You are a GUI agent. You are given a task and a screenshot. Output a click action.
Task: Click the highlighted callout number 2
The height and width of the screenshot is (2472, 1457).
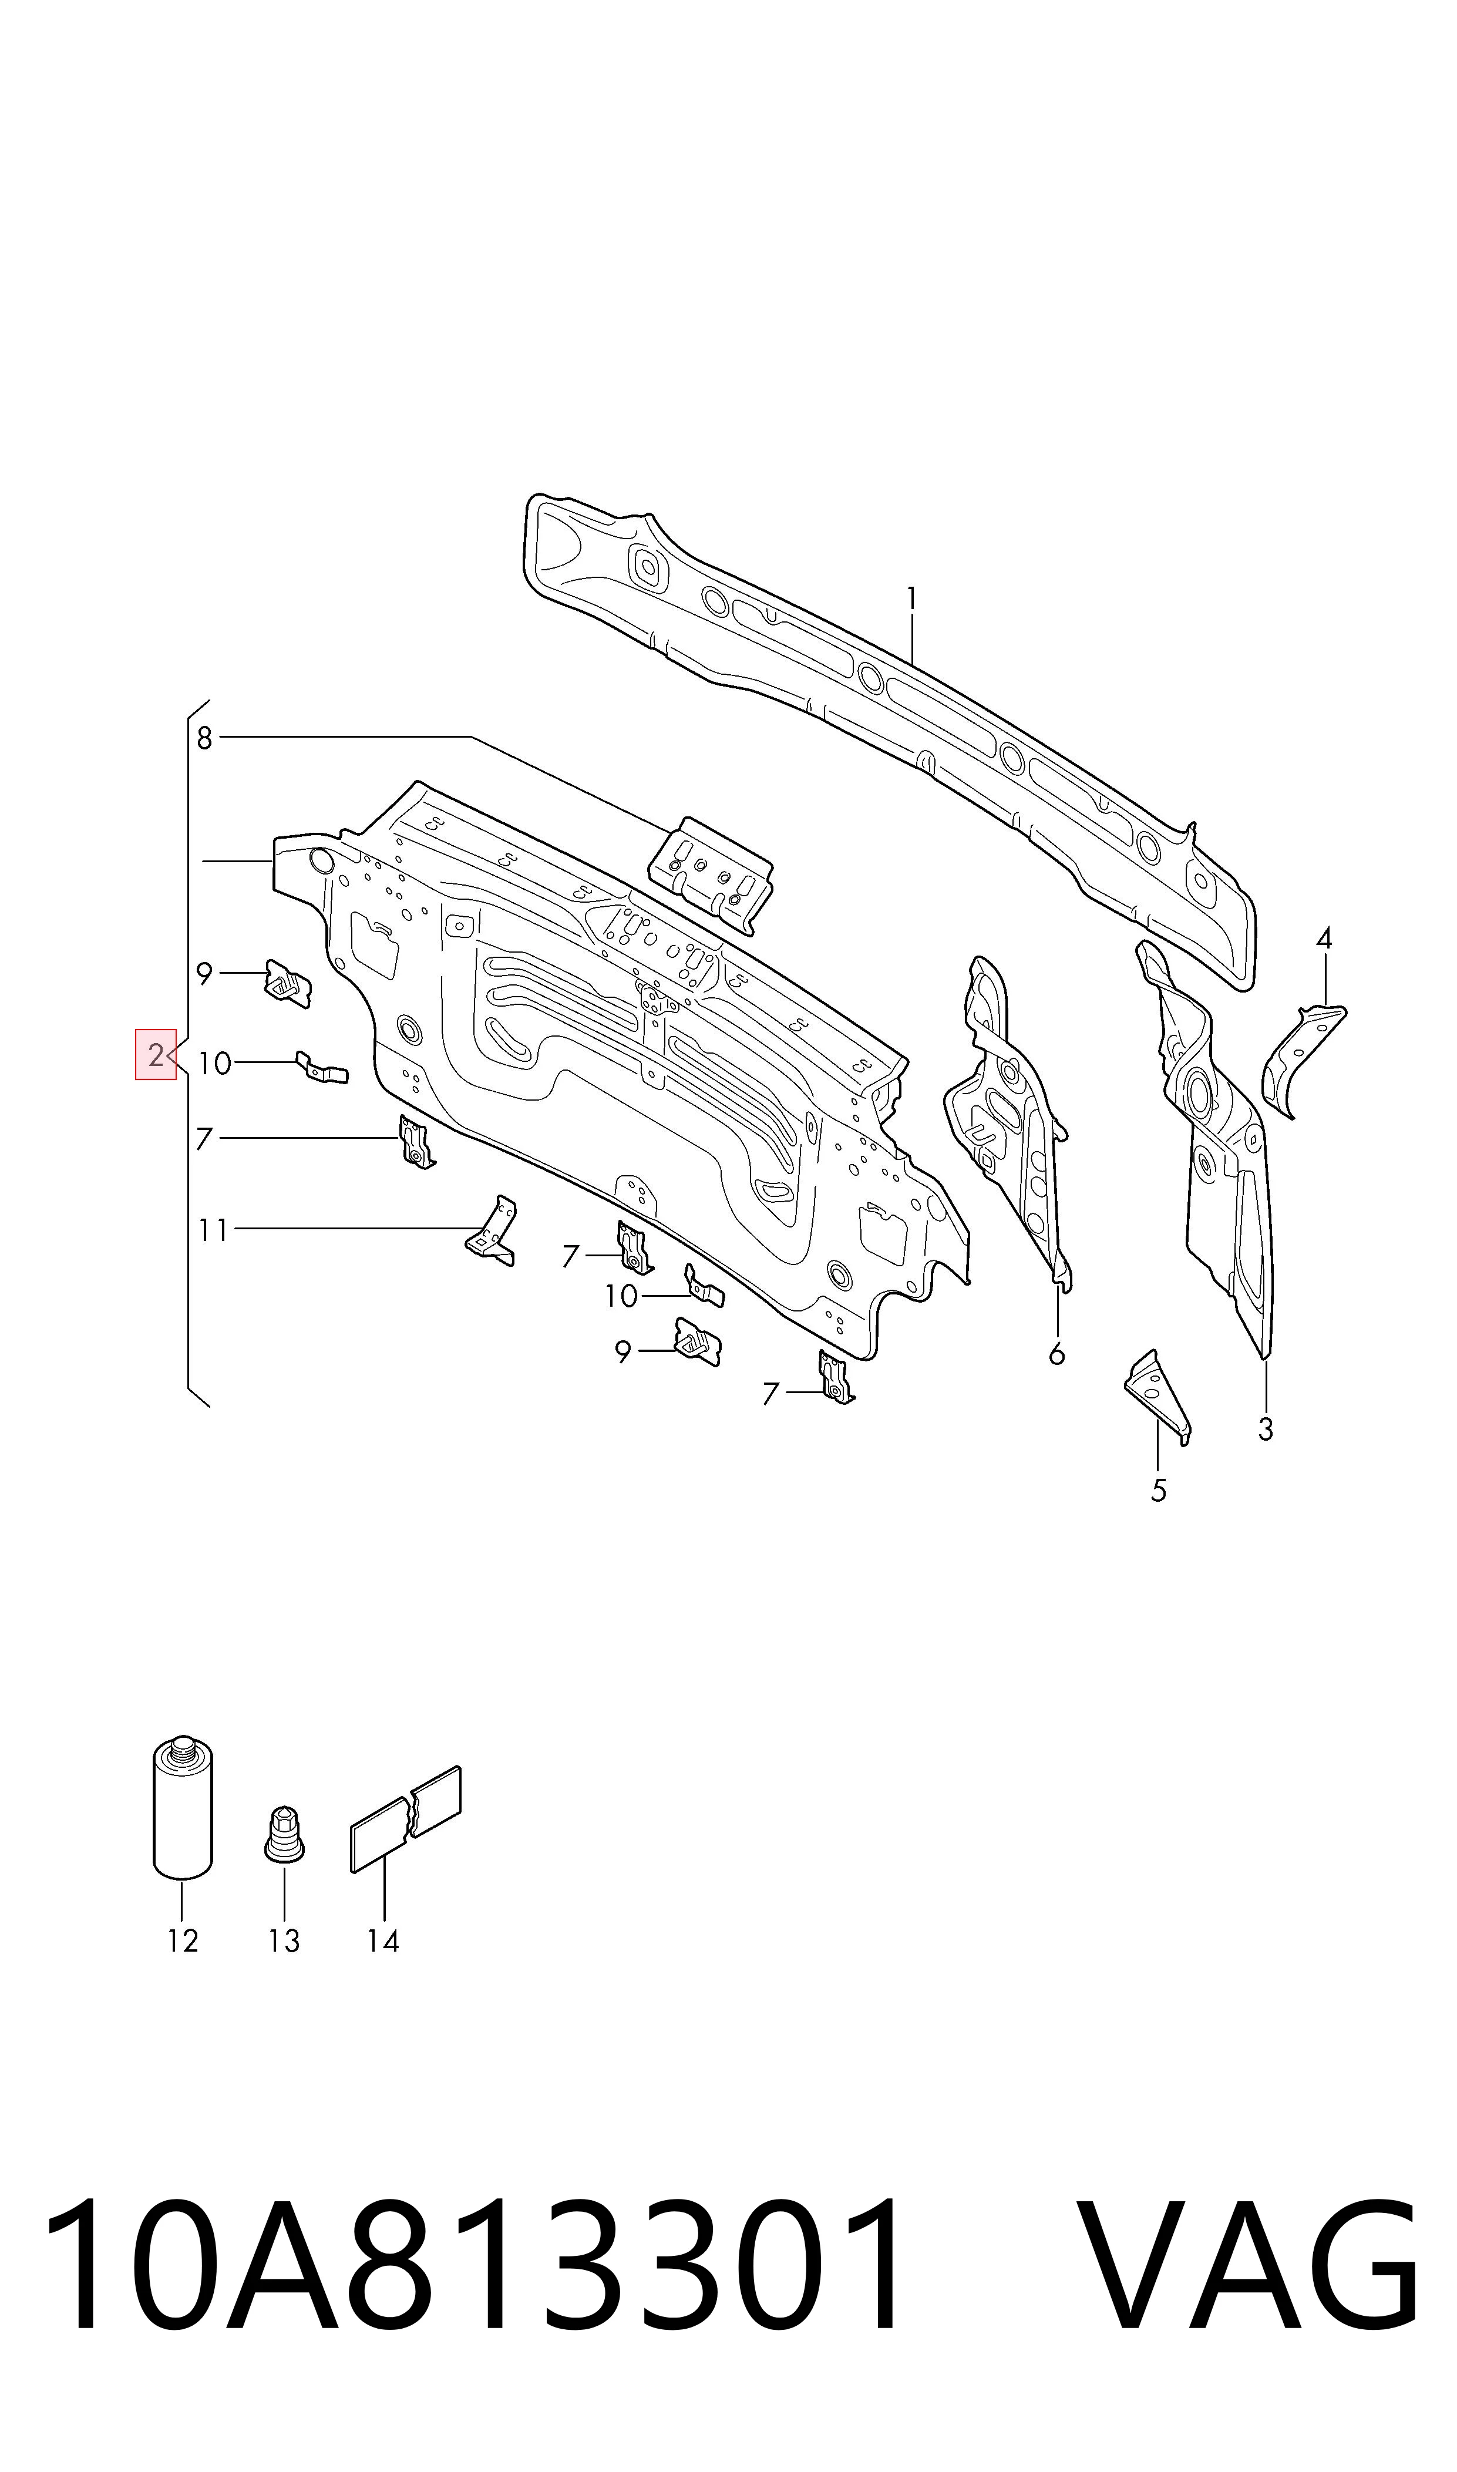click(155, 1054)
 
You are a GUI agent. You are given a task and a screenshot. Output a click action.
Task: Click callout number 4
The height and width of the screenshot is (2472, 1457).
click(1324, 939)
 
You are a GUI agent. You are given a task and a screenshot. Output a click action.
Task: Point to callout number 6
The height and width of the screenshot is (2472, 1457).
click(1056, 1354)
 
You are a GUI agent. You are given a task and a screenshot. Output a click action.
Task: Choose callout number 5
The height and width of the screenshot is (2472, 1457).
click(1159, 1490)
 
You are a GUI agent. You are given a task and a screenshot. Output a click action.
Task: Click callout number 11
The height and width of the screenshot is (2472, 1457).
click(213, 1230)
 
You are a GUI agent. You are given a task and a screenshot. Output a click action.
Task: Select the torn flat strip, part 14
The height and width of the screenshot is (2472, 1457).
click(405, 1818)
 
